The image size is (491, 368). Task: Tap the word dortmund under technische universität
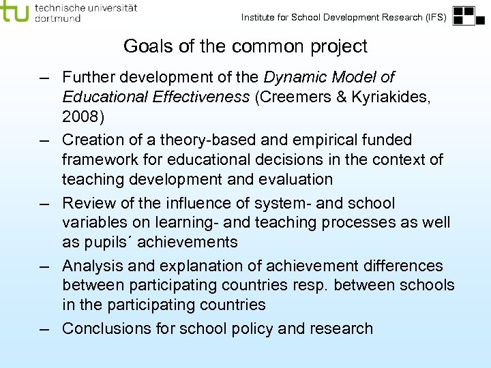(x=57, y=18)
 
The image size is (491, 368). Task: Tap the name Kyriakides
(x=391, y=97)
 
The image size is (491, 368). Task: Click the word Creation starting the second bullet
(x=91, y=140)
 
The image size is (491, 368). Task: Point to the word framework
(x=100, y=160)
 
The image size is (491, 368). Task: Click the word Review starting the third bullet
(x=87, y=203)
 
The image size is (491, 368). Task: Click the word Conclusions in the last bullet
(x=106, y=328)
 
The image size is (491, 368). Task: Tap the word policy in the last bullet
(x=252, y=328)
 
